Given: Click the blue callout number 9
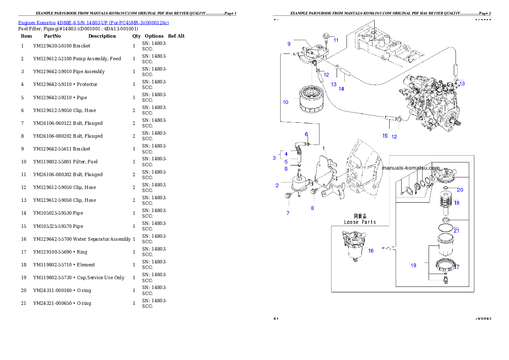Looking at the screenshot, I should pos(289,44).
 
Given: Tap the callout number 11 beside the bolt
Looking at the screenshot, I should pos(336,40).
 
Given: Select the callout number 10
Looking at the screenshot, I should pos(285,102).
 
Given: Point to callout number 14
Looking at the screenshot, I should pos(341,89).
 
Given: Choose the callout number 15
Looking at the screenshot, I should pos(385,136).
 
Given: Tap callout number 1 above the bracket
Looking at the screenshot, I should pos(324,148).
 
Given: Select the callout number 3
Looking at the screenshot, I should pos(274,158).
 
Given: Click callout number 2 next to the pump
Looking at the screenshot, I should pos(277,185).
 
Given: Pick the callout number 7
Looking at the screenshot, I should pos(288,213).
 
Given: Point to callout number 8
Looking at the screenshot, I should pos(312,208).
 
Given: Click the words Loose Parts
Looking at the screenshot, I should pos(360,222).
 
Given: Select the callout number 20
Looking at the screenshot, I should pos(460,190).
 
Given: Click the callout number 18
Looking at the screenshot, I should pos(456,203).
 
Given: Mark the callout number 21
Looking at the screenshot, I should pos(456,230).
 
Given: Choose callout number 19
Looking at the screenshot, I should pos(413,266).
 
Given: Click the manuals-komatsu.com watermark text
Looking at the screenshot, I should pos(411,168).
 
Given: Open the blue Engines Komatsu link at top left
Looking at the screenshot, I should pos(93,22).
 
